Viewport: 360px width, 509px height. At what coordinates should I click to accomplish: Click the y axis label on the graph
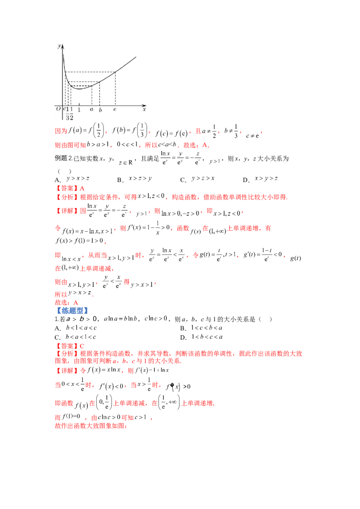[59, 46]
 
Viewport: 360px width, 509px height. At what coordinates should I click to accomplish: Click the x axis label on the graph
[144, 109]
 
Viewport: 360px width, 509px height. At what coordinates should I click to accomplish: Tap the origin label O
[58, 109]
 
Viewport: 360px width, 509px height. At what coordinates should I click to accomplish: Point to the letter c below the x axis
[64, 109]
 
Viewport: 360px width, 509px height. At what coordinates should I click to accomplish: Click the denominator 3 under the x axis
[67, 118]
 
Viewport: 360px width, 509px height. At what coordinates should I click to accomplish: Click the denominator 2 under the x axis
[71, 118]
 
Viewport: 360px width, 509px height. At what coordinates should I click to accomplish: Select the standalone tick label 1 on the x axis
[79, 109]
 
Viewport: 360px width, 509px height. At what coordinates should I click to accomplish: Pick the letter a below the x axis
[92, 109]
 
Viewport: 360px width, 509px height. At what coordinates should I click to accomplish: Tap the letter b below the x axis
[100, 109]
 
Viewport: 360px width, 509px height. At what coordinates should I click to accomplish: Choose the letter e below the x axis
[115, 109]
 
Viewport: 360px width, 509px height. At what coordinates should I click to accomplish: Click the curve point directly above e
[115, 72]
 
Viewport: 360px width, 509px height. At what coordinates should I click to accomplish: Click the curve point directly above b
[100, 82]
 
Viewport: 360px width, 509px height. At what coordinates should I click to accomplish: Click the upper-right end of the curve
[136, 57]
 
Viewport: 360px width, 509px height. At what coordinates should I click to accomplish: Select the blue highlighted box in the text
[73, 310]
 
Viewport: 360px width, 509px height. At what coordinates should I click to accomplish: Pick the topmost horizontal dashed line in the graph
[90, 72]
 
